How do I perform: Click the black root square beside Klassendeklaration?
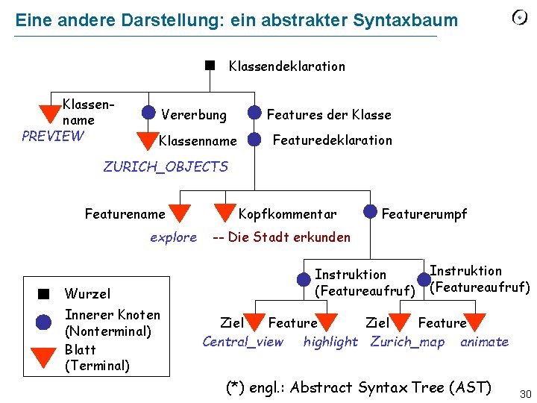[210, 65]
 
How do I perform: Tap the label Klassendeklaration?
[286, 66]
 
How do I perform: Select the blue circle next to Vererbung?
[149, 113]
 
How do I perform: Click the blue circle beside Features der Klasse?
[255, 113]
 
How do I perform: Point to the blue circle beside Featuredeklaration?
[255, 139]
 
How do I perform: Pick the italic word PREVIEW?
[53, 136]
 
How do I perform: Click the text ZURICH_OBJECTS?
[165, 166]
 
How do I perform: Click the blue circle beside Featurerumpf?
[370, 211]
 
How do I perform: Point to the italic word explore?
[173, 237]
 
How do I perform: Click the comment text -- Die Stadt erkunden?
[281, 237]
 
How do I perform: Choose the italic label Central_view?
[243, 342]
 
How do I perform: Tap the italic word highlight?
[330, 342]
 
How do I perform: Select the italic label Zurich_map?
[407, 342]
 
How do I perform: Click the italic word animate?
[484, 342]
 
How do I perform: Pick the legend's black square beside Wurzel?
[44, 293]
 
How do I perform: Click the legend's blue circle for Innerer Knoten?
[44, 322]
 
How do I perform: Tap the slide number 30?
[524, 393]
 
